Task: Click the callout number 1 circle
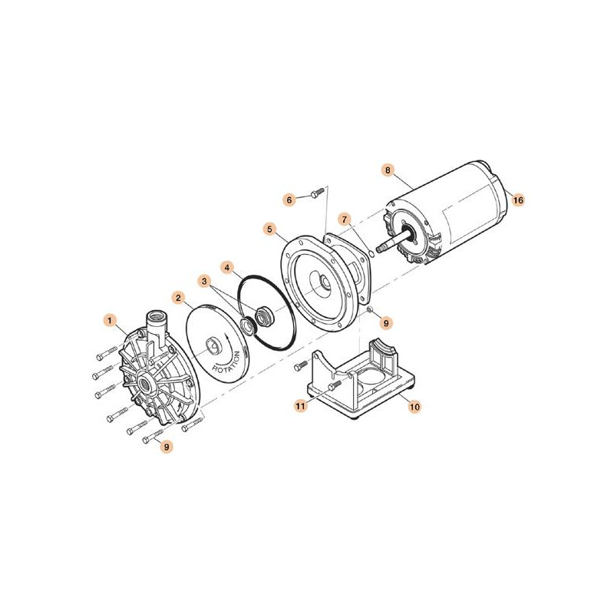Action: (110, 321)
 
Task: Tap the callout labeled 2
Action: (179, 298)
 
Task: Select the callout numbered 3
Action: (204, 281)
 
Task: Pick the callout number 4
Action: (227, 268)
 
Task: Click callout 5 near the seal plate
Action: (270, 229)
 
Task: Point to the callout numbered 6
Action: (289, 200)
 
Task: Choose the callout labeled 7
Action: (345, 220)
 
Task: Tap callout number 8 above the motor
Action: (388, 170)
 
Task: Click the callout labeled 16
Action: (518, 200)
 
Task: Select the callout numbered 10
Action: (414, 407)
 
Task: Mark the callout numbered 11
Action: (300, 407)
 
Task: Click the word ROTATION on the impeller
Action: (226, 362)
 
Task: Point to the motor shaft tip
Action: (378, 249)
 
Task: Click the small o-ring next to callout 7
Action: (371, 253)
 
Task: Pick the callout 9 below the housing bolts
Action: (167, 447)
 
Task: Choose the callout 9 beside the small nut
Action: (386, 323)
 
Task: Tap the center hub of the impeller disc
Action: (214, 345)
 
